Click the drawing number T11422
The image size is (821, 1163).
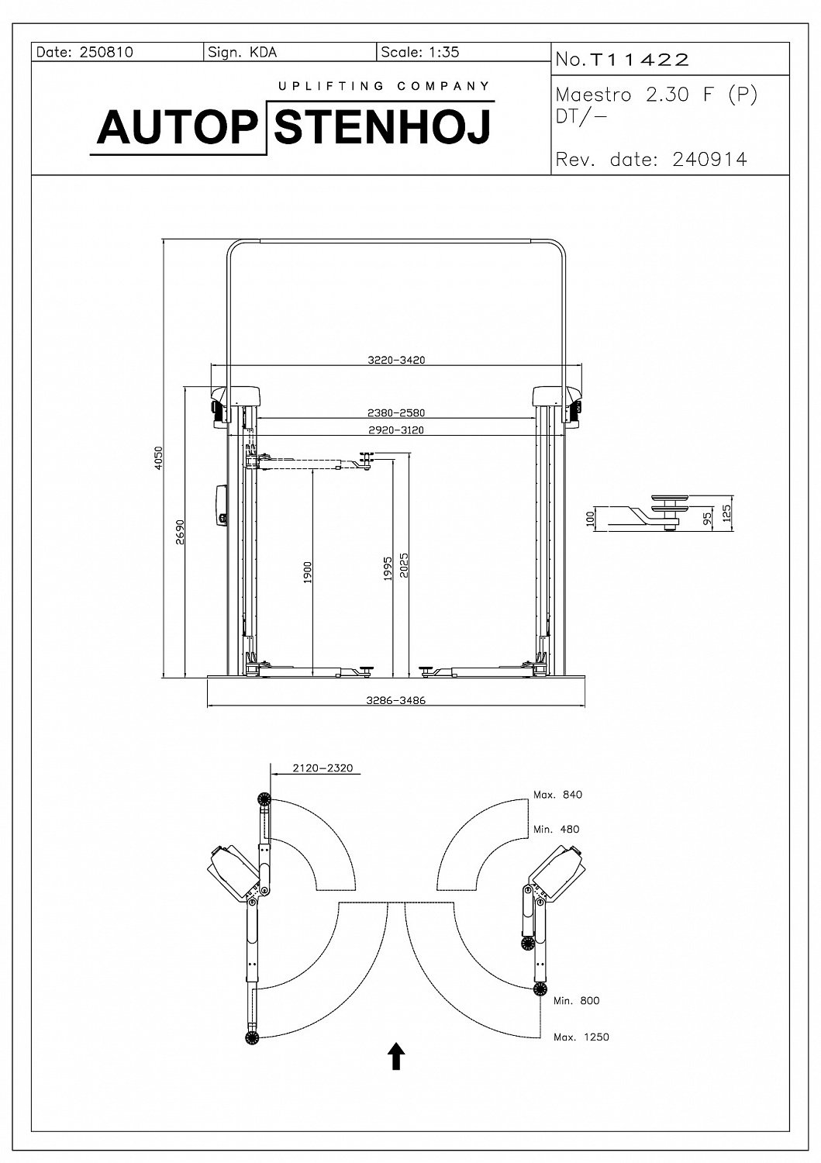pyautogui.click(x=639, y=60)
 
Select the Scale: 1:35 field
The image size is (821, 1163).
pyautogui.click(x=420, y=53)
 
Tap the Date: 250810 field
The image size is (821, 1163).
pyautogui.click(x=85, y=53)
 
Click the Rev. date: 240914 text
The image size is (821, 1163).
pyautogui.click(x=651, y=160)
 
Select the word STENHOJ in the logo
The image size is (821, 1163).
pyautogui.click(x=384, y=127)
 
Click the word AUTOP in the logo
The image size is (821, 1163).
pyautogui.click(x=176, y=127)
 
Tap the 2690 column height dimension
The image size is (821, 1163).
pyautogui.click(x=180, y=532)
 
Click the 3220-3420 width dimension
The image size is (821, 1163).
pyautogui.click(x=396, y=360)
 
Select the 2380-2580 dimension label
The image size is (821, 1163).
pyautogui.click(x=396, y=412)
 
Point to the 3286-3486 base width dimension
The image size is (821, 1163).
pyautogui.click(x=396, y=700)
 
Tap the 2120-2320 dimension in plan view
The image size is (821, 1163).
pyautogui.click(x=323, y=768)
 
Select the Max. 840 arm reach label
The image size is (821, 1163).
pyautogui.click(x=557, y=795)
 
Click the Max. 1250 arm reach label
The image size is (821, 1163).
pyautogui.click(x=581, y=1037)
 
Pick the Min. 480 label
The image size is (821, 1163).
pyautogui.click(x=556, y=829)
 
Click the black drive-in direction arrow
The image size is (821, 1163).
pyautogui.click(x=396, y=1056)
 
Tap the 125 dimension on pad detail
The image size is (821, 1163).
pyautogui.click(x=726, y=512)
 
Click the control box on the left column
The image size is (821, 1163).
pyautogui.click(x=219, y=506)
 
